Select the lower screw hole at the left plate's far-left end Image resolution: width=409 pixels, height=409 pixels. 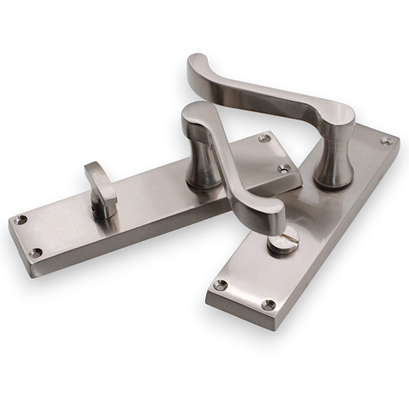point(36,253)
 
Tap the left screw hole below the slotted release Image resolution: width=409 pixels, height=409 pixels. point(221,285)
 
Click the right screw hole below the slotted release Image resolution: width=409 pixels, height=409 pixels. point(268,304)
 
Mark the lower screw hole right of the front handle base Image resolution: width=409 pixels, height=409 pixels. point(283,168)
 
